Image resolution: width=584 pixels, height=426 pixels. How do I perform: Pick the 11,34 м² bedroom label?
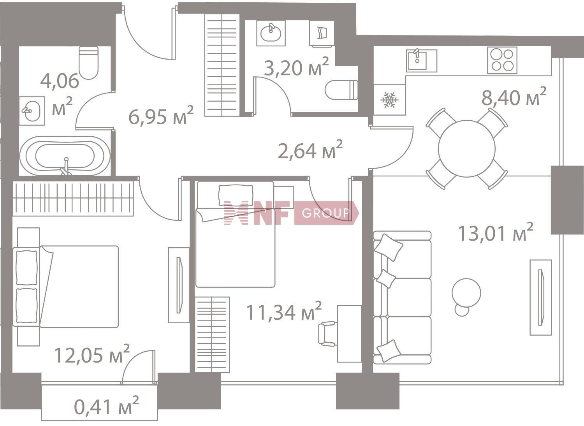click(x=284, y=311)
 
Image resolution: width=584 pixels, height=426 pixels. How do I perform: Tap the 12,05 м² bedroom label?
click(x=92, y=354)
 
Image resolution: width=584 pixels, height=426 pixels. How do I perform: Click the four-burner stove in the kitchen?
click(x=502, y=60)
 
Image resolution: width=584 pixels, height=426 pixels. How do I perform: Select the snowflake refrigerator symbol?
click(x=389, y=100)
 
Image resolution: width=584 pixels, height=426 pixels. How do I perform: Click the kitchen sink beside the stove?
click(x=422, y=60)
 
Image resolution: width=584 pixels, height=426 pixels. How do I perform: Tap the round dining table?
click(x=467, y=149)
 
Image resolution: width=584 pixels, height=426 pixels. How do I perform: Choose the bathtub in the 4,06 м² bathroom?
click(x=65, y=156)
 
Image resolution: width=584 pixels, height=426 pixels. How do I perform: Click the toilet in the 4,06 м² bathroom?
click(x=89, y=63)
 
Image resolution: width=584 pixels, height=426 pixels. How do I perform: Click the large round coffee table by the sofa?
click(x=466, y=292)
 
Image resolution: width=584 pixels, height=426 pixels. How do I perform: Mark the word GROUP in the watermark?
click(x=325, y=213)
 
